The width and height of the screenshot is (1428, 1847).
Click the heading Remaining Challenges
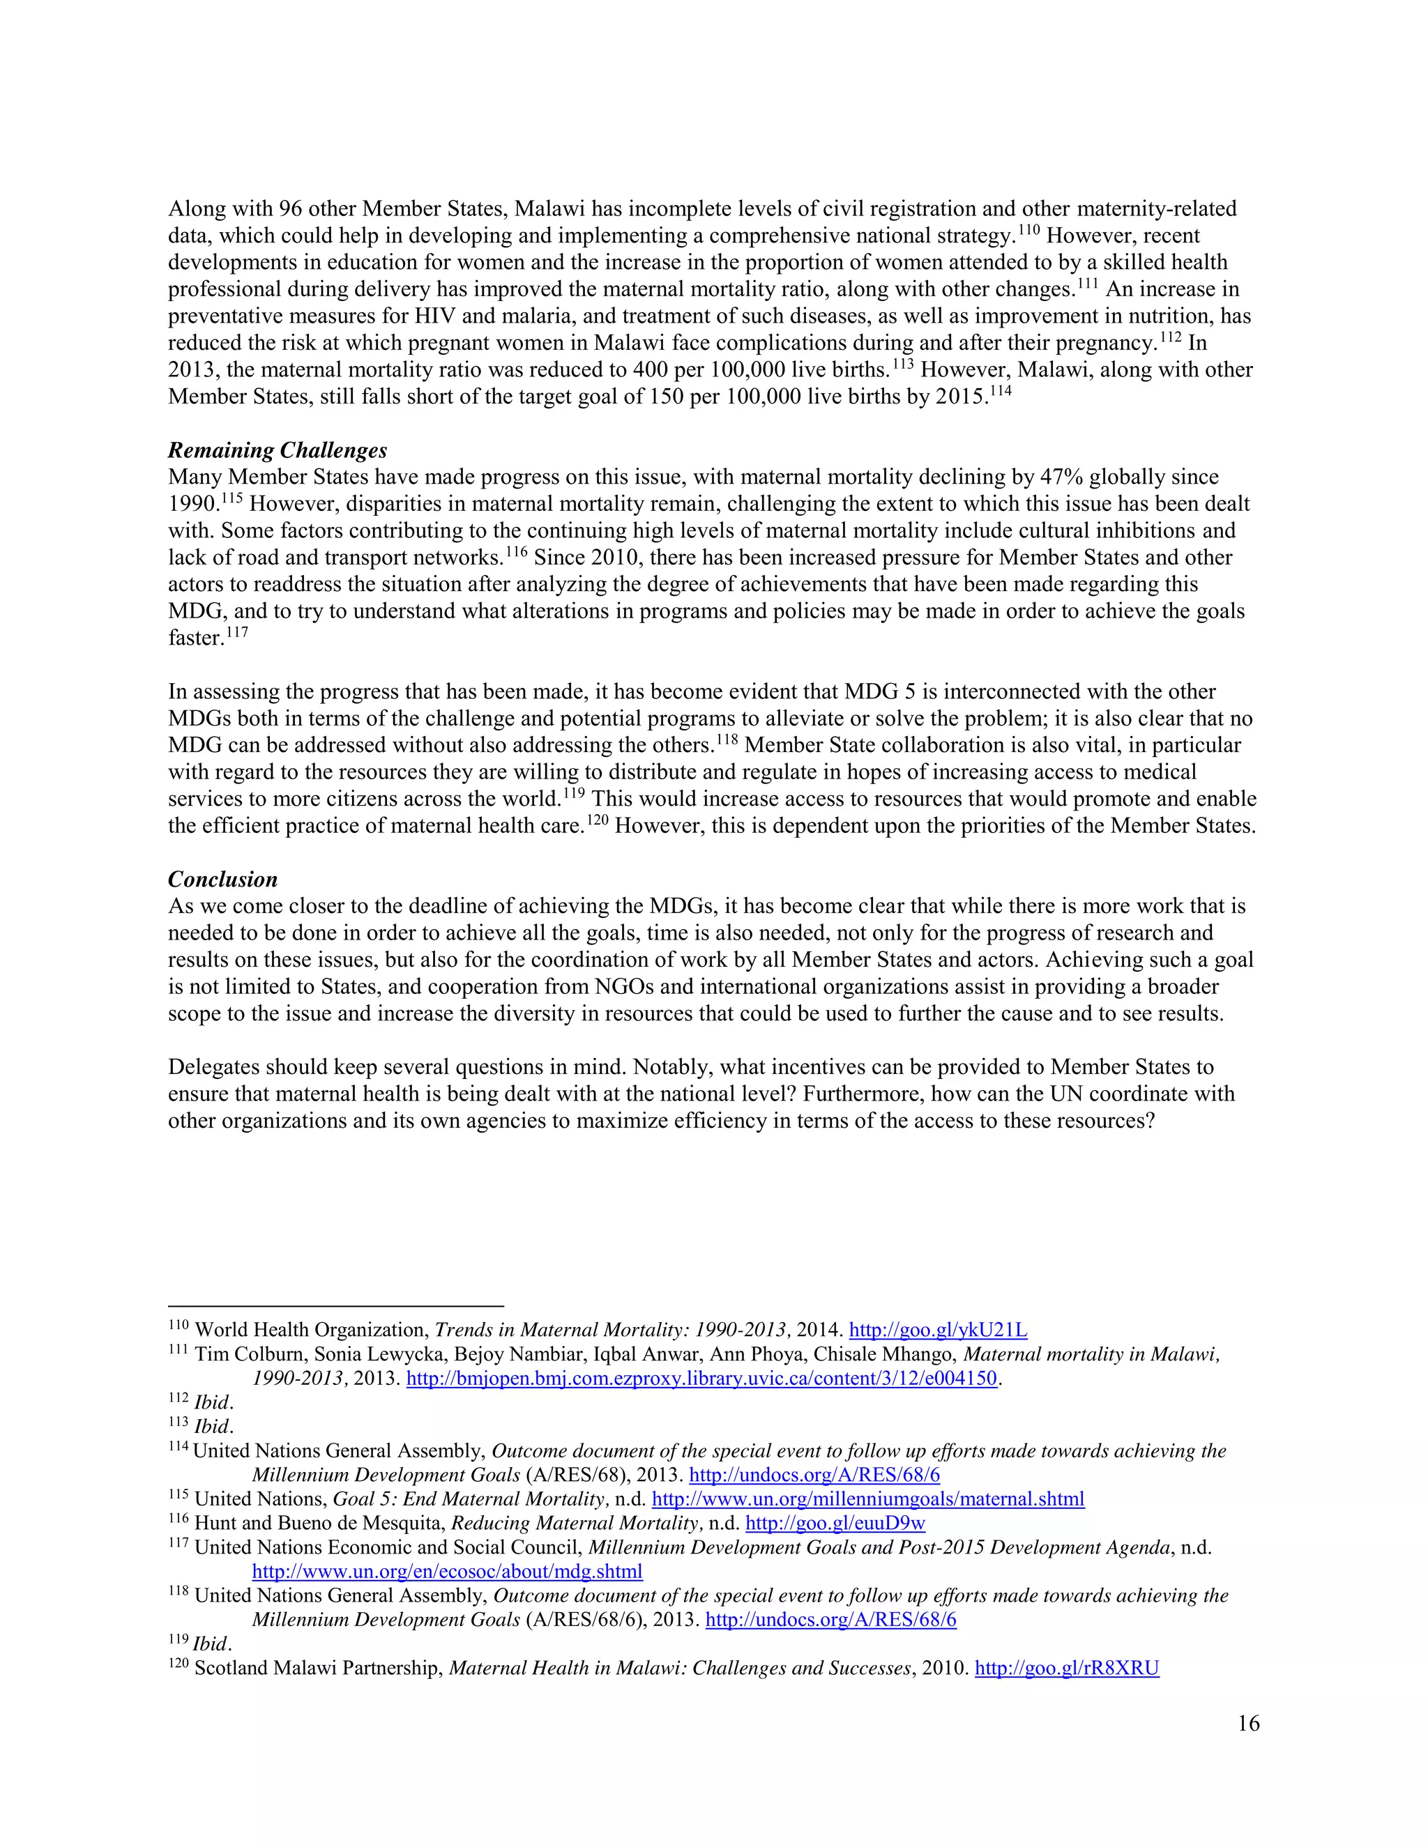coord(278,450)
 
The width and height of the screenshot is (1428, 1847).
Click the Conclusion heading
coord(222,879)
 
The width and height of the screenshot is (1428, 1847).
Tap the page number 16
coord(1248,1724)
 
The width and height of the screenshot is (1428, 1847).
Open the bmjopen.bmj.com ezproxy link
coord(701,1379)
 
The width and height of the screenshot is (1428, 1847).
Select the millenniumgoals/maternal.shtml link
coord(868,1499)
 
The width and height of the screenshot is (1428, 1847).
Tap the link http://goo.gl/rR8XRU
coord(1066,1668)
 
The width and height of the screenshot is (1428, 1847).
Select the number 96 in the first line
coord(290,209)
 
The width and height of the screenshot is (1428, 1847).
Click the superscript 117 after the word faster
coord(237,631)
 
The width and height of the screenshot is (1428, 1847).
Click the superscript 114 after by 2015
coord(1000,391)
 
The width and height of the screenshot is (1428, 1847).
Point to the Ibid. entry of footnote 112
coord(213,1402)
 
